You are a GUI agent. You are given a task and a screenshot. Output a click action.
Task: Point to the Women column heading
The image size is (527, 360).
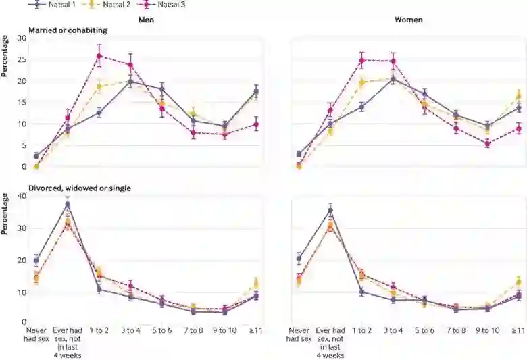409,20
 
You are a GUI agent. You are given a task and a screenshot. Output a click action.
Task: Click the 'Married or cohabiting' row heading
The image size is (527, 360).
67,30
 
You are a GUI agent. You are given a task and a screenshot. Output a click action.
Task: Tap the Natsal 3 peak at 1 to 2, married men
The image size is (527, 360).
99,56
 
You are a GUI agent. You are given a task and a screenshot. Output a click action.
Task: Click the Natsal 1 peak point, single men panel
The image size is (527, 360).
68,204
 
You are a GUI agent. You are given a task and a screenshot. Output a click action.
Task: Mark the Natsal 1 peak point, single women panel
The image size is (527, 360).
330,210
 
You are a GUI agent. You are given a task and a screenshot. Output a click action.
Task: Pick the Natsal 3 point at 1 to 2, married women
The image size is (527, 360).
361,61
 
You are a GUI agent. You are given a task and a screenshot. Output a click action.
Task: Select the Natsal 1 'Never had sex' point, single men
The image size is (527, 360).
36,260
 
